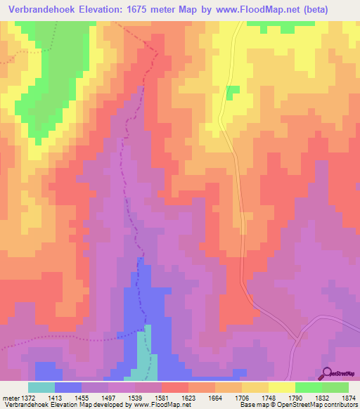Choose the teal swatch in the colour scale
tap(41, 388)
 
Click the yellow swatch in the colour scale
tap(281, 388)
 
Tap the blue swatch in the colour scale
tap(68, 388)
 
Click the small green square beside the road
tap(233, 90)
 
